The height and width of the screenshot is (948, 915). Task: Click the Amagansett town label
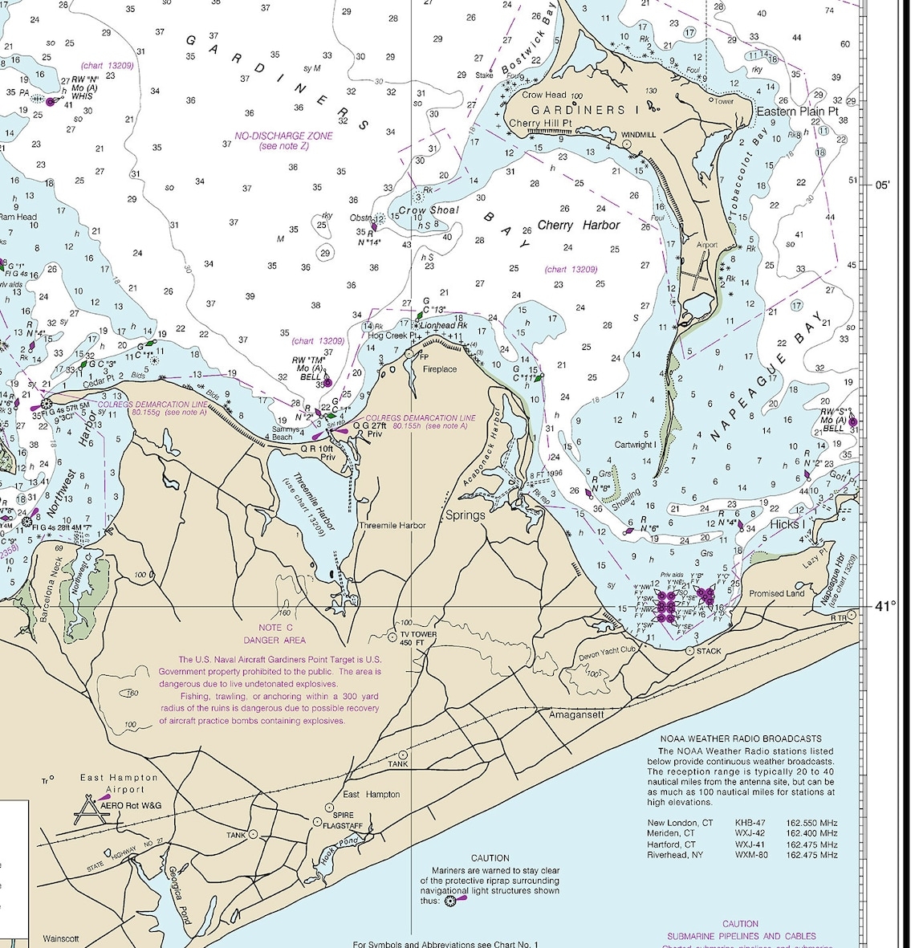(x=575, y=714)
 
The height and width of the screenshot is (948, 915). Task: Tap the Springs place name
(x=465, y=515)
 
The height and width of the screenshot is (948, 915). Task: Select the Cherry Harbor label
(x=578, y=225)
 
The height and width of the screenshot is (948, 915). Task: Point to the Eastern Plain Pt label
(x=797, y=111)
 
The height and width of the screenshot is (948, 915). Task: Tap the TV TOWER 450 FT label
(x=418, y=638)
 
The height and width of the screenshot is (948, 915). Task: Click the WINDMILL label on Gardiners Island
(x=638, y=135)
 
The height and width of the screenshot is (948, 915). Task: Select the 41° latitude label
(x=885, y=606)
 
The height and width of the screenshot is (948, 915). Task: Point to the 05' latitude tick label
(x=882, y=184)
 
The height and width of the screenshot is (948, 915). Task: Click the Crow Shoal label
(x=429, y=210)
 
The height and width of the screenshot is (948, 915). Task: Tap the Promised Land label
(x=776, y=593)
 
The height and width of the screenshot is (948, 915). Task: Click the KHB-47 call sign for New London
(x=750, y=823)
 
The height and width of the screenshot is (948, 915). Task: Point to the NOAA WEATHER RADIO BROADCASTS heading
(x=740, y=738)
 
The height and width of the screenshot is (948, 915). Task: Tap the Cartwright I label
(x=635, y=445)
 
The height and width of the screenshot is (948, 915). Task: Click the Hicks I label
(x=785, y=524)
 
